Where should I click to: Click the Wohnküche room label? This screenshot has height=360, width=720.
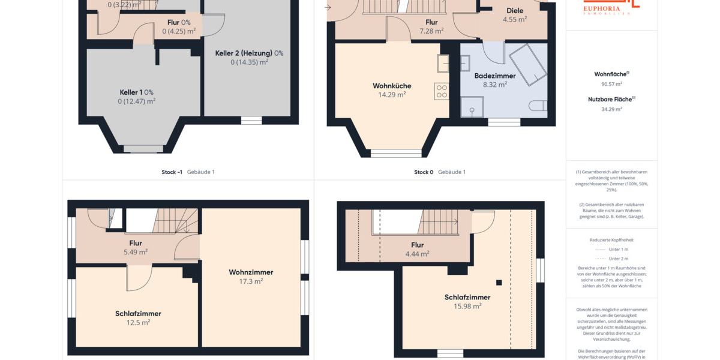pos(392,86)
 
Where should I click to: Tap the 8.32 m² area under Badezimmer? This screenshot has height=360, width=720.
pos(495,85)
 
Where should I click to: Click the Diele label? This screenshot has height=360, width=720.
pos(515,11)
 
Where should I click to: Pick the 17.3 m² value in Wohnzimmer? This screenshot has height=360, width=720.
pos(251,281)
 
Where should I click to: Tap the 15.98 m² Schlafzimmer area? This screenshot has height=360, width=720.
pos(467,306)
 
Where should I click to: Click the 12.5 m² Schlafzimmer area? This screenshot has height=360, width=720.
pos(138,322)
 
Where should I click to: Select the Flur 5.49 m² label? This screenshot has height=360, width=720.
pos(136,244)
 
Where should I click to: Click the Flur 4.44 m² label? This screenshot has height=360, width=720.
pos(417,245)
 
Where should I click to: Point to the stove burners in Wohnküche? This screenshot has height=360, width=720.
pos(441,91)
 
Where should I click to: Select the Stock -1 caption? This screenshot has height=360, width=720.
pos(172,172)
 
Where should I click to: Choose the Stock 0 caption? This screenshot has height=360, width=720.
pos(423,172)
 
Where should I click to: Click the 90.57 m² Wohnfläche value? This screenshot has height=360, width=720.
pos(611,85)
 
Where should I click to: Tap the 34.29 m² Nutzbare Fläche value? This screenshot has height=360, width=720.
pos(611,109)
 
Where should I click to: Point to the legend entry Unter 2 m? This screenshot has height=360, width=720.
pos(618,259)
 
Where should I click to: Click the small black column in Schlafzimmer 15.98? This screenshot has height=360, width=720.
pos(499,283)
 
